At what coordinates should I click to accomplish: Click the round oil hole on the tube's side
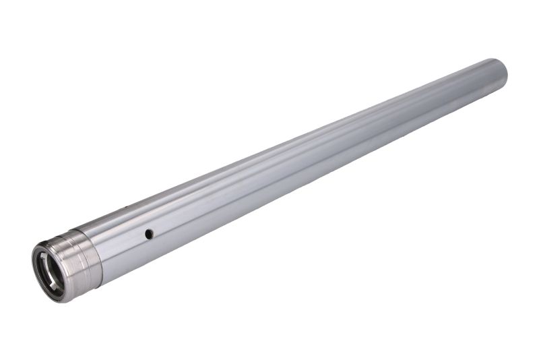[149, 233]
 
